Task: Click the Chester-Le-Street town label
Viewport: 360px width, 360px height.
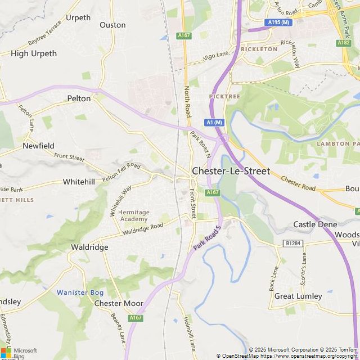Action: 231,171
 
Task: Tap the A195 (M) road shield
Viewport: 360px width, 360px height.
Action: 279,22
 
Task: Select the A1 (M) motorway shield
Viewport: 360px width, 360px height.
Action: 214,123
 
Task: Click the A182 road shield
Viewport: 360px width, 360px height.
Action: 344,43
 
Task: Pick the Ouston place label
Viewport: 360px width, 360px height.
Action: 112,25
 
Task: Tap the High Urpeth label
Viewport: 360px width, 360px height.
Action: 34,53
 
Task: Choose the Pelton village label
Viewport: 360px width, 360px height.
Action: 79,98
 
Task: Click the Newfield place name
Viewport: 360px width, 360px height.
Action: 38,146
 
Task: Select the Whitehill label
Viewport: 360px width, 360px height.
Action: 79,182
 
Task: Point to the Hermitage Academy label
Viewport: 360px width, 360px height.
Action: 134,215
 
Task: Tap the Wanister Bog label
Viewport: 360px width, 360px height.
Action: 80,292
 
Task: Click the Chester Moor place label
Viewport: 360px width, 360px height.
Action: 119,303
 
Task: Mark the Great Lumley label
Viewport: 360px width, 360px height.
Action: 298,296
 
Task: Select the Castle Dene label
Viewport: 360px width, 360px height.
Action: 315,224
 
